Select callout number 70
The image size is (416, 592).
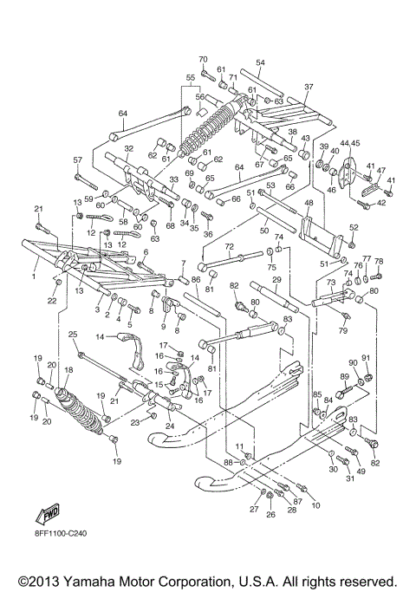tap(203, 59)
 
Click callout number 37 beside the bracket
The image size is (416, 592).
tap(309, 87)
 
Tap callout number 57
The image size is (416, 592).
tap(77, 159)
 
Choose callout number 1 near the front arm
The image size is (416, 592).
tap(34, 276)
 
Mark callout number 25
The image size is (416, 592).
tap(73, 335)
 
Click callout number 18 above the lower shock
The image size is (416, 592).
tap(68, 370)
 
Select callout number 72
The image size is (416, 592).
tap(230, 247)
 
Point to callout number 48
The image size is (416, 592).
tap(309, 202)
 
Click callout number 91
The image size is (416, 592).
tap(366, 358)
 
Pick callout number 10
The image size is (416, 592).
tap(315, 504)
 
